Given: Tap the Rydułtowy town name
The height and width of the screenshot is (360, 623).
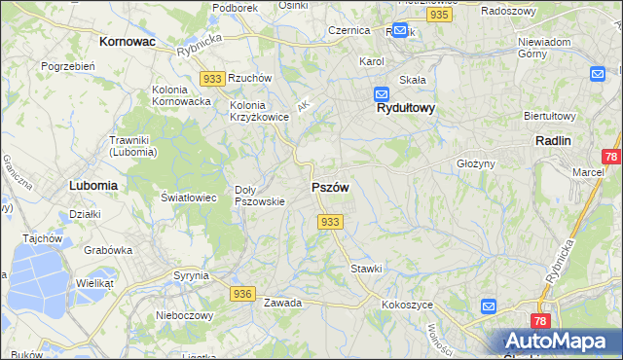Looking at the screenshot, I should pos(406,110).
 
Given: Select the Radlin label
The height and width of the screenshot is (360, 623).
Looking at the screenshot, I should pos(553,140).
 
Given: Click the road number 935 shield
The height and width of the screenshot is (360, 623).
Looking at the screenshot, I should pos(439,16).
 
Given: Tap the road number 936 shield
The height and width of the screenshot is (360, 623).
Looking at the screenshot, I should pos(243,293).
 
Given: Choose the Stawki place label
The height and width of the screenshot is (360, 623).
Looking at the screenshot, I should pos(367,268).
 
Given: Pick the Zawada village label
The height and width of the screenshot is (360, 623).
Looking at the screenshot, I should pos(282,303).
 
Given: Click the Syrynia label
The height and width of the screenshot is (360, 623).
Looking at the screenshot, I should pos(192,275).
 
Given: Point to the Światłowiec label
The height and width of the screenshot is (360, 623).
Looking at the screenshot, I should pos(187,197).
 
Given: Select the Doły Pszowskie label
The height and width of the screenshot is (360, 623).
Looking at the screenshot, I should pos(260,196).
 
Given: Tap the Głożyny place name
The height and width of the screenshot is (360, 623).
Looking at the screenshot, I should pos(477,163).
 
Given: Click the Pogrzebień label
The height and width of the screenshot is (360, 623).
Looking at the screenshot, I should pos(67,66).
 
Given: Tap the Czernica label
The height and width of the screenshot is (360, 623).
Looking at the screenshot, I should pos(348,30).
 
